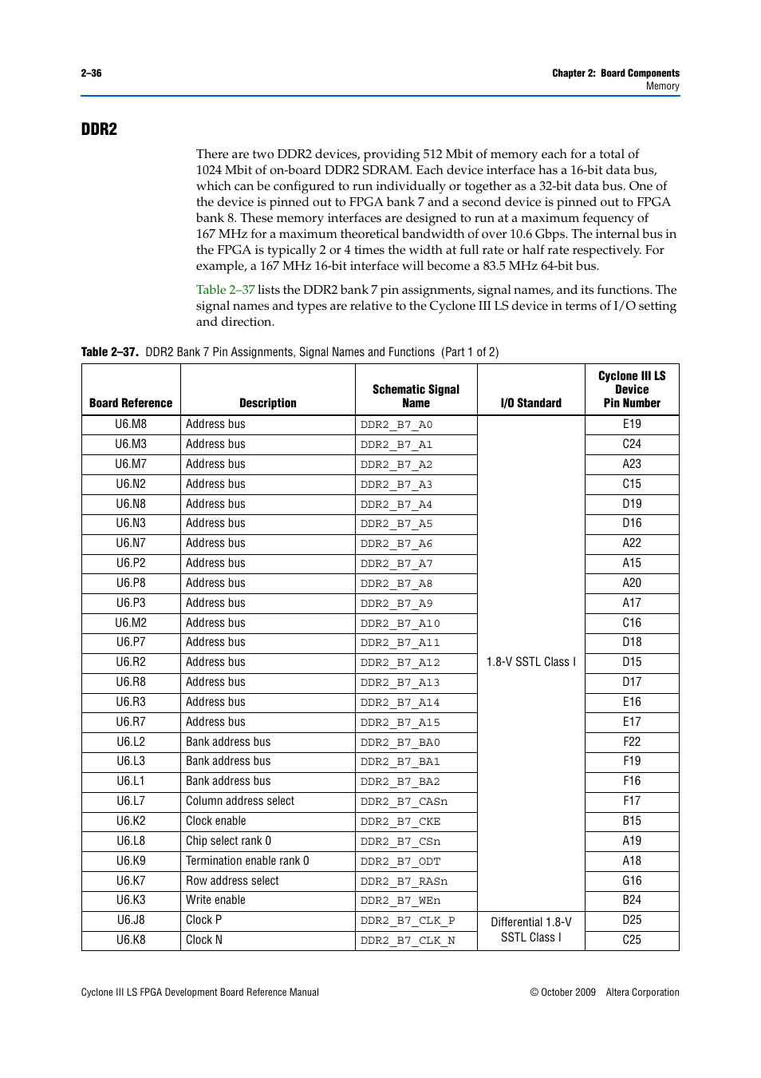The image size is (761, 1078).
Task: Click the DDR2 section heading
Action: (x=99, y=129)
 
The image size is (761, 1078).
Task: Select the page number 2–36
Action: (x=91, y=73)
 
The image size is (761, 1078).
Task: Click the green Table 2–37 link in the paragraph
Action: (x=225, y=290)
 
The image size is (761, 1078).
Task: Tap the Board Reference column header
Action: (x=131, y=403)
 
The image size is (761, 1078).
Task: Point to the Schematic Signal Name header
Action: (x=416, y=396)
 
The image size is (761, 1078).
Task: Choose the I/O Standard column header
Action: (x=530, y=403)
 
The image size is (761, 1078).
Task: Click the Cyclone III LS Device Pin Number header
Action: (x=632, y=390)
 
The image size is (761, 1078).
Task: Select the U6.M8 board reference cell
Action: (x=131, y=424)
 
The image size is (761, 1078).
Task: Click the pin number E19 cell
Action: (x=632, y=424)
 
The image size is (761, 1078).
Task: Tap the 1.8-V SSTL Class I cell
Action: (x=530, y=662)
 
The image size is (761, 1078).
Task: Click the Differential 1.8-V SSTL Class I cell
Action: (x=530, y=929)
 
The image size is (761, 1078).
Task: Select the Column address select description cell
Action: (x=240, y=801)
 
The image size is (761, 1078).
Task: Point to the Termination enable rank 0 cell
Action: (x=247, y=861)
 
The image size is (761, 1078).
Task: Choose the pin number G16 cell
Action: (x=632, y=881)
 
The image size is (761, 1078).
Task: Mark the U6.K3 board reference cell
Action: (x=131, y=900)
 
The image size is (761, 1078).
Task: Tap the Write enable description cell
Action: (x=215, y=900)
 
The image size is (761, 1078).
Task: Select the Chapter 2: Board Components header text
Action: (x=615, y=73)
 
